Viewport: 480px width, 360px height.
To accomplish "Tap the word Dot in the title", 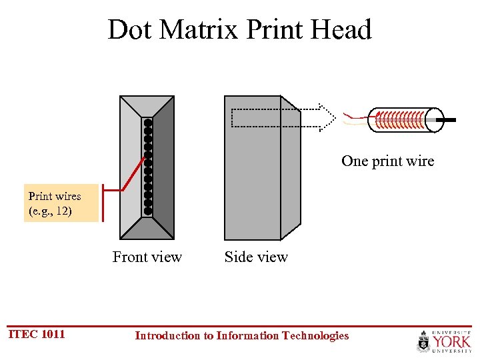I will tap(129, 30).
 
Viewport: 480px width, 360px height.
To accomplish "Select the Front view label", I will tap(147, 257).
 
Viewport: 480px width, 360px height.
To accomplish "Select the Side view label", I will tap(256, 257).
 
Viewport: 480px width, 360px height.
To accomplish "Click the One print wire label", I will tap(387, 161).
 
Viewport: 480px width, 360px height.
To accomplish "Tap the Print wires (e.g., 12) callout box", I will tap(61, 203).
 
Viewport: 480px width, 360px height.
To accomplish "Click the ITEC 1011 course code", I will tap(37, 334).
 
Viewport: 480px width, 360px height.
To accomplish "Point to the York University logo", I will tap(444, 341).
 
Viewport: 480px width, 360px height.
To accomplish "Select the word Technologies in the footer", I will tap(315, 335).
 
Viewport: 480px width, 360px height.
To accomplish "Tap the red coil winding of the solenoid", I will tap(400, 119).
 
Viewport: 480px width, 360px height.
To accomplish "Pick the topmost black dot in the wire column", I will tap(148, 123).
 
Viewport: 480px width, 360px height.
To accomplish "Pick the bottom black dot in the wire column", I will tap(148, 211).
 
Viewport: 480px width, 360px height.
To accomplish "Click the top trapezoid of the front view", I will tap(147, 107).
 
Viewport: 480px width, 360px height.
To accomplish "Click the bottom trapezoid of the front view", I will tap(147, 229).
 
